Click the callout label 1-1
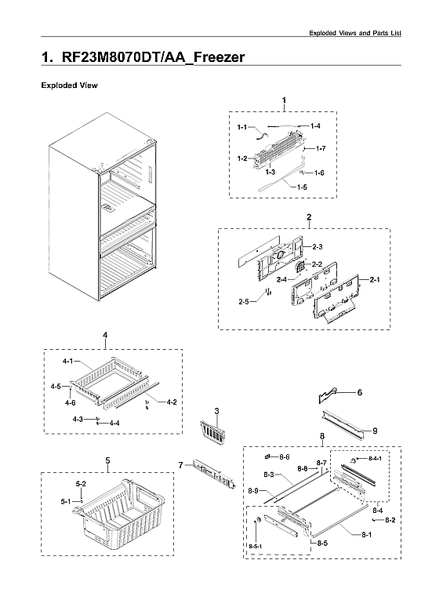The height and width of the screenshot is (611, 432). click(x=242, y=127)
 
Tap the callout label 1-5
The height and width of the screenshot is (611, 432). click(x=303, y=187)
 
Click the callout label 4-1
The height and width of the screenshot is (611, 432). click(x=67, y=362)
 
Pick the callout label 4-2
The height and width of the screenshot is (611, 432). click(x=171, y=402)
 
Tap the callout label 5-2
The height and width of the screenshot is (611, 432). click(x=81, y=484)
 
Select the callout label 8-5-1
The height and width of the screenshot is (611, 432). click(x=256, y=545)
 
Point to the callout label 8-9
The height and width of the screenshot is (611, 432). click(x=252, y=490)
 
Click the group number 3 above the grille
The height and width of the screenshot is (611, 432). click(x=216, y=412)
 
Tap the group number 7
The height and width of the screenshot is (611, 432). click(x=180, y=465)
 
